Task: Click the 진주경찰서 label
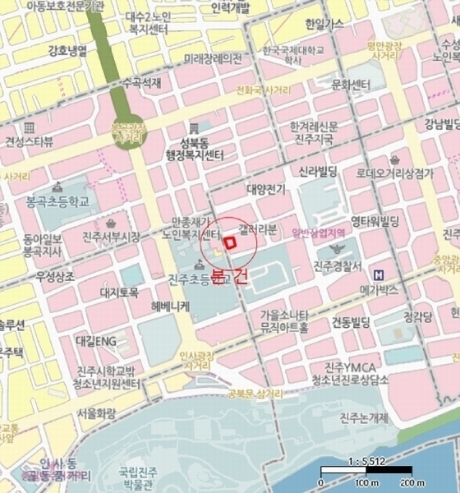click(338, 266)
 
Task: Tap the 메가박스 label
click(379, 290)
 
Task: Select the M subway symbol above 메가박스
click(379, 274)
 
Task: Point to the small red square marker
click(230, 242)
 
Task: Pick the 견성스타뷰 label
click(29, 141)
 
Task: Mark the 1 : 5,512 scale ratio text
click(367, 460)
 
